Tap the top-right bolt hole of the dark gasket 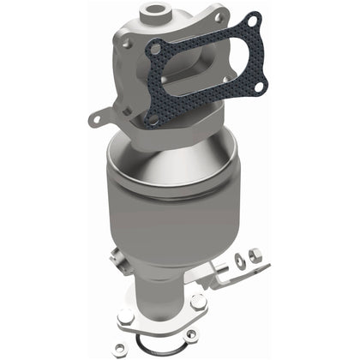pyautogui.click(x=252, y=20)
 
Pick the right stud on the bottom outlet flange pyautogui.click(x=198, y=303)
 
